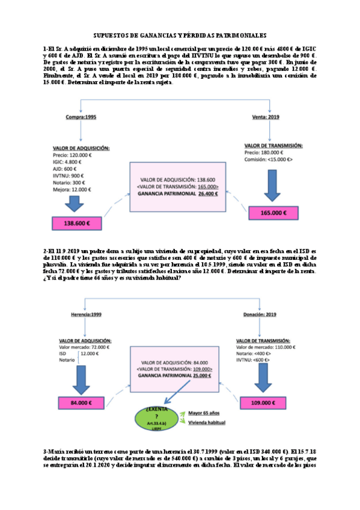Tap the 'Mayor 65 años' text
click(204, 413)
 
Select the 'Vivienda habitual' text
click(207, 423)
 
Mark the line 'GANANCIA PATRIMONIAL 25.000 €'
click(178, 375)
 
